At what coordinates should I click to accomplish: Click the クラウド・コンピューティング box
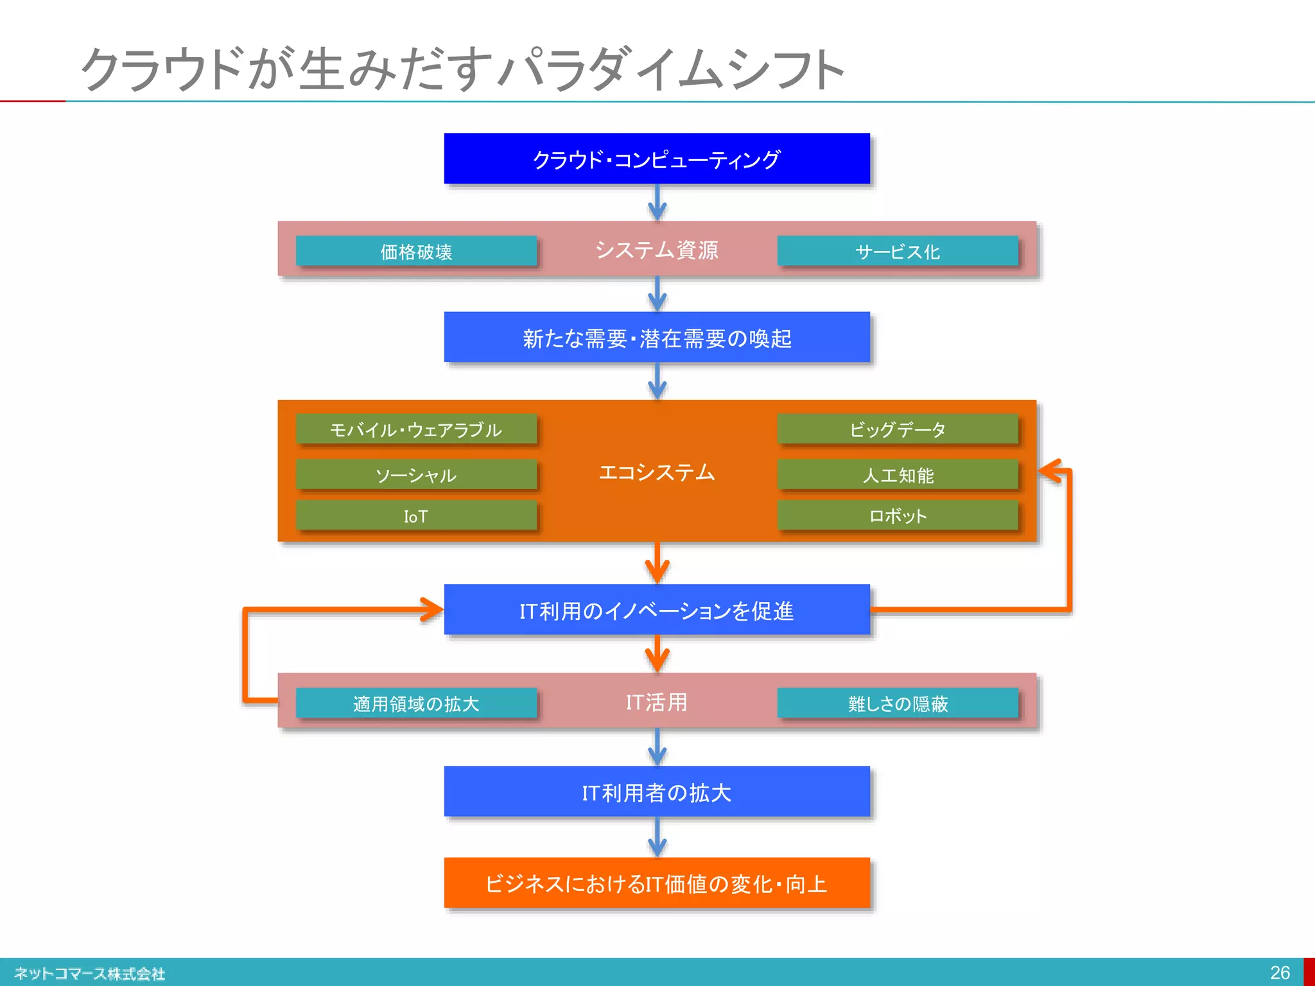pyautogui.click(x=657, y=159)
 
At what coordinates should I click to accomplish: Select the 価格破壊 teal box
pyautogui.click(x=416, y=251)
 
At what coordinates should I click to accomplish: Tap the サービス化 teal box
pyautogui.click(x=897, y=251)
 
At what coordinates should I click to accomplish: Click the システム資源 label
pyautogui.click(x=656, y=250)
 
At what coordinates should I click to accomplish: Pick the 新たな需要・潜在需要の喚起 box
pyautogui.click(x=657, y=338)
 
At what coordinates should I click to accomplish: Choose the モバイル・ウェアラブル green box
pyautogui.click(x=416, y=429)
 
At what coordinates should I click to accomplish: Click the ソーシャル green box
pyautogui.click(x=416, y=475)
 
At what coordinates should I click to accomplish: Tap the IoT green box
pyautogui.click(x=416, y=516)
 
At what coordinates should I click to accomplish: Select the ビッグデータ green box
pyautogui.click(x=897, y=429)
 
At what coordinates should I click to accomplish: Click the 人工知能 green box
pyautogui.click(x=897, y=475)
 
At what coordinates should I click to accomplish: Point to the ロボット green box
pyautogui.click(x=897, y=516)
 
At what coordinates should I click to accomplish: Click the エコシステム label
pyautogui.click(x=656, y=472)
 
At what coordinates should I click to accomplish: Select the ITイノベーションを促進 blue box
pyautogui.click(x=657, y=610)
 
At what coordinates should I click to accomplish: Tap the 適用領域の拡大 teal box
pyautogui.click(x=416, y=704)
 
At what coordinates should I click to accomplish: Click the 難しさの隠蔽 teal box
pyautogui.click(x=897, y=704)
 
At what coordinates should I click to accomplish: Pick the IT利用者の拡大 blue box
pyautogui.click(x=657, y=792)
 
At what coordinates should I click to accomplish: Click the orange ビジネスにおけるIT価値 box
pyautogui.click(x=657, y=883)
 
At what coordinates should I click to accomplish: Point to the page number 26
pyautogui.click(x=1280, y=973)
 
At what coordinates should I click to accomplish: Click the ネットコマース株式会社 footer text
pyautogui.click(x=89, y=973)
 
